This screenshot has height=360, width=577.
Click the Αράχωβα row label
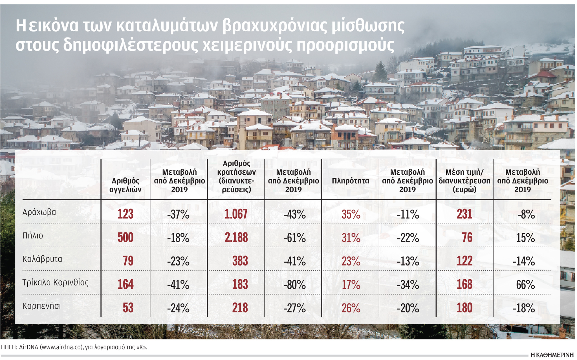click(39, 212)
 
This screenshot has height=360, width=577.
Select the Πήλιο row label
click(33, 236)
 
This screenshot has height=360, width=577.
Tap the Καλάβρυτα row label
click(42, 259)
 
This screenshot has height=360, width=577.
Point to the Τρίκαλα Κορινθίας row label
click(55, 282)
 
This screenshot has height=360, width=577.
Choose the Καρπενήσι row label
click(41, 306)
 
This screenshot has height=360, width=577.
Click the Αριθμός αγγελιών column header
click(125, 185)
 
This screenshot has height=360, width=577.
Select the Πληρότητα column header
click(350, 181)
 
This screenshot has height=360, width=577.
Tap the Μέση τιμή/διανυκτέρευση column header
click(464, 181)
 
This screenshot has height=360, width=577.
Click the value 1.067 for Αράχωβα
click(236, 214)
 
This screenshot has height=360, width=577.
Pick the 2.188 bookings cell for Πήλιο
click(236, 238)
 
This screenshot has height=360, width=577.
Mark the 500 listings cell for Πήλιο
click(125, 238)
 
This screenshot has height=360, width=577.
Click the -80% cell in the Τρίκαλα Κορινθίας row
click(294, 285)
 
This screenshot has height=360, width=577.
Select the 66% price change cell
click(525, 285)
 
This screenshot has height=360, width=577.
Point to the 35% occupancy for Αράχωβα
click(351, 214)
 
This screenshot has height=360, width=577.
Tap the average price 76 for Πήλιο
click(467, 238)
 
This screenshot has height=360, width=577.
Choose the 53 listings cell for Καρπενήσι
click(128, 308)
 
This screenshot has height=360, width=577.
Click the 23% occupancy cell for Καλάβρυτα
click(351, 261)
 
